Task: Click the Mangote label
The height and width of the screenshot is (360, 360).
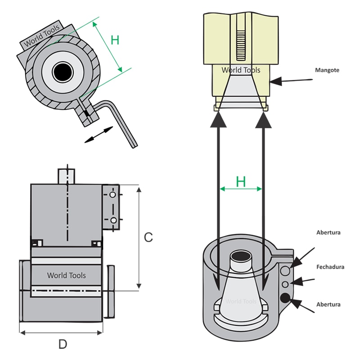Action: click(x=327, y=70)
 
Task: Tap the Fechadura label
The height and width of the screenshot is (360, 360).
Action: click(x=330, y=267)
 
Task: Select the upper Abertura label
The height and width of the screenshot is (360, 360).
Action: click(x=328, y=232)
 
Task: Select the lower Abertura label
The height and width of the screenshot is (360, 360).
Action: click(x=328, y=305)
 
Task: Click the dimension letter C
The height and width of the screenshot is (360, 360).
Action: click(x=148, y=237)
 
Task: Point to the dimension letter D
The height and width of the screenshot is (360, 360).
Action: click(x=63, y=344)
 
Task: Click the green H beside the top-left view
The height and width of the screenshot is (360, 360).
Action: click(x=115, y=40)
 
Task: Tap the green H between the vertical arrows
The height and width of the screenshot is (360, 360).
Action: click(x=241, y=181)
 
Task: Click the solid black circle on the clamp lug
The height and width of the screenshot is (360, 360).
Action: click(x=285, y=298)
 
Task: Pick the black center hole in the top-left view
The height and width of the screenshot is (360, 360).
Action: click(x=63, y=72)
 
